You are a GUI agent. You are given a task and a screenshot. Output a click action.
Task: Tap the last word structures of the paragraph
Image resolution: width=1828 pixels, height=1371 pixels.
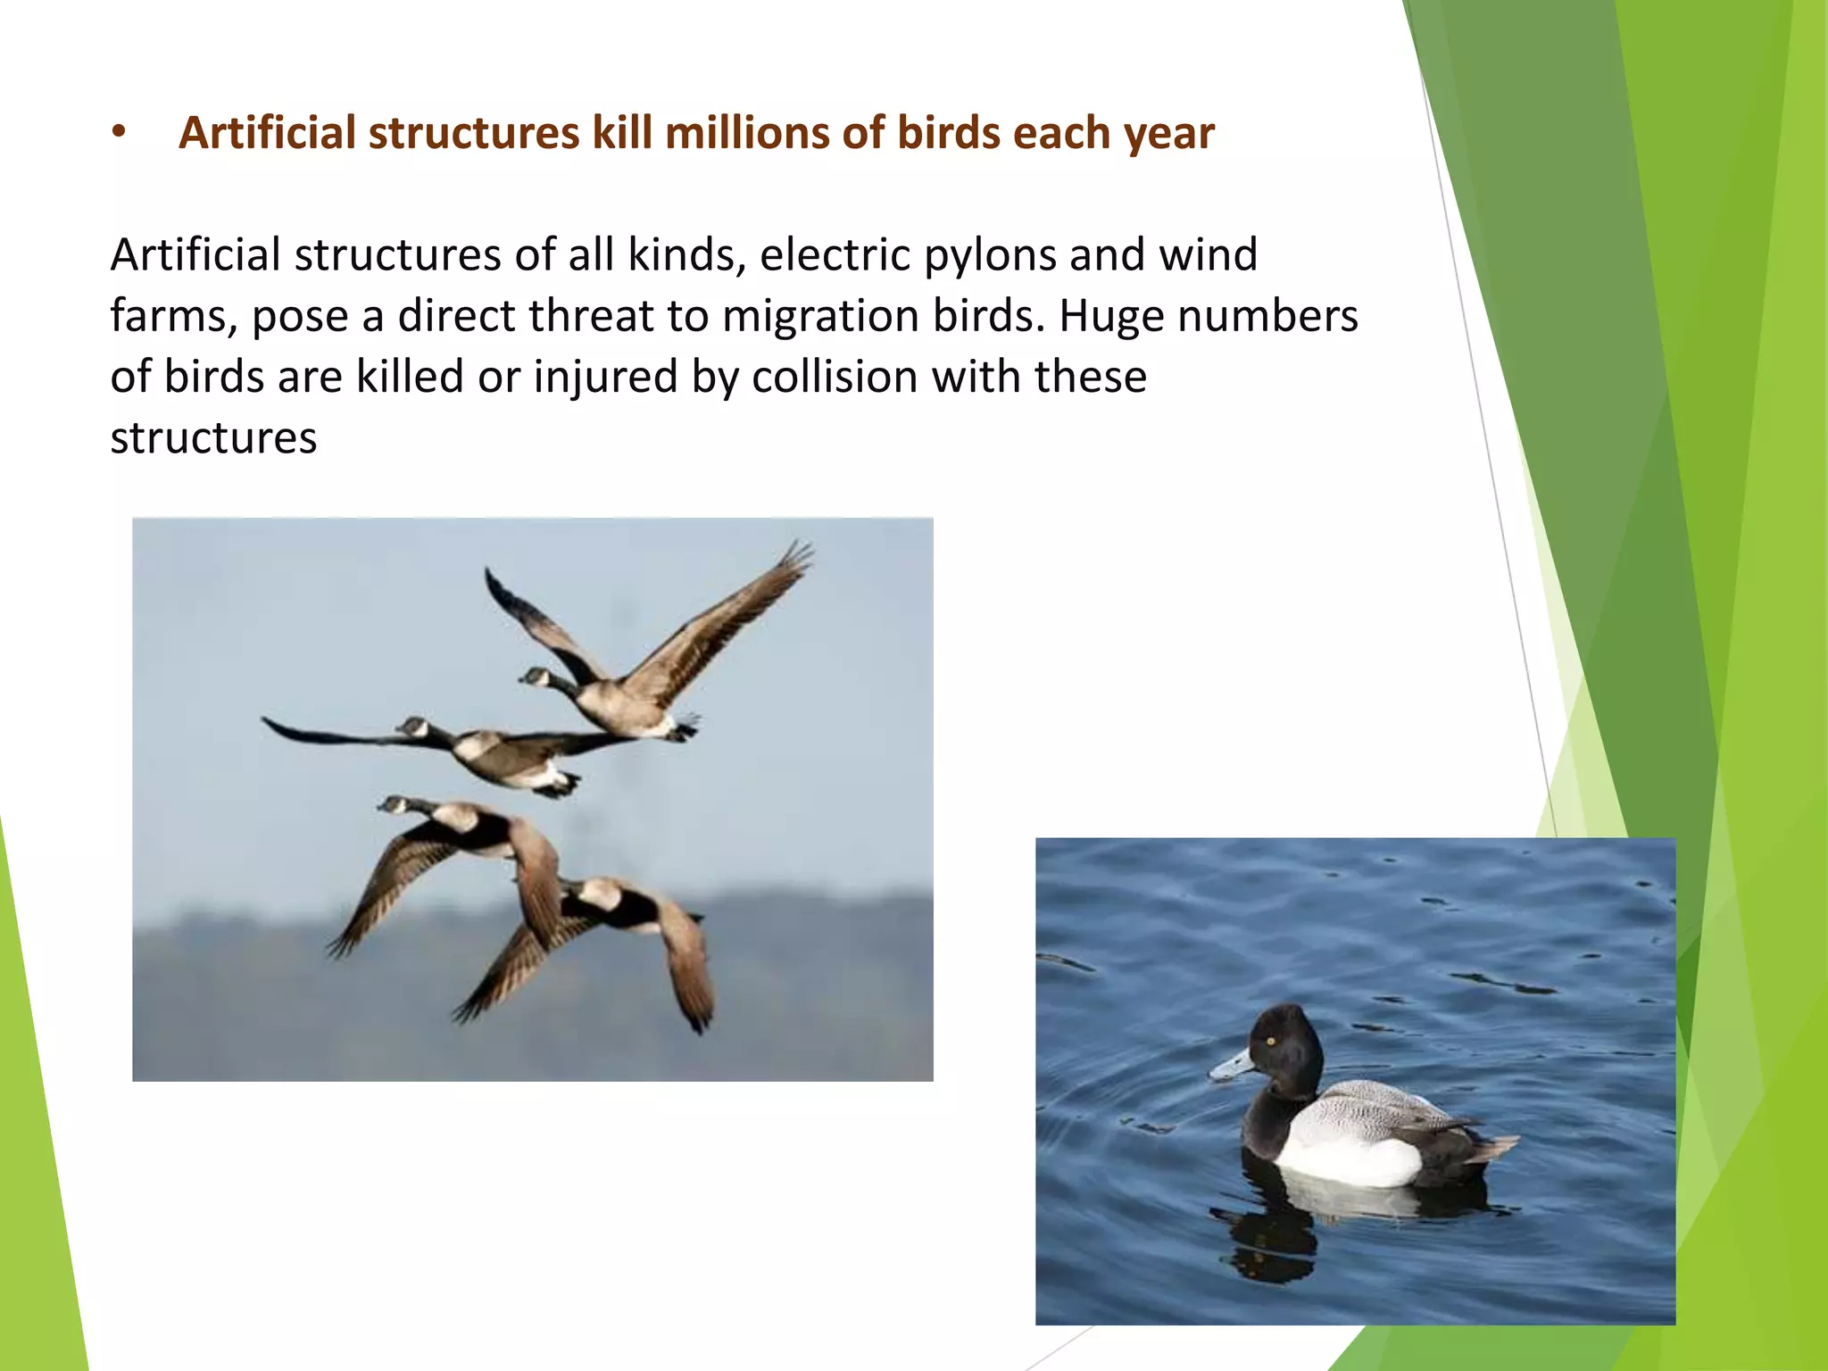tap(213, 438)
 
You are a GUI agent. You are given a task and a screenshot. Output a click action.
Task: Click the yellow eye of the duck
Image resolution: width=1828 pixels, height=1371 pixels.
tap(1271, 1042)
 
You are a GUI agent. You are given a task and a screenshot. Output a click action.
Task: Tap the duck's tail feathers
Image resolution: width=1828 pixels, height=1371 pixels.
tap(1495, 1146)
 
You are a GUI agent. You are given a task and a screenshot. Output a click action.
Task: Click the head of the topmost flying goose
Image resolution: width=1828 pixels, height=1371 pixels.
tap(534, 676)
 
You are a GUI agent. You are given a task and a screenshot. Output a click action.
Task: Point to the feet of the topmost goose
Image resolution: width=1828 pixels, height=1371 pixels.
tap(685, 727)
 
